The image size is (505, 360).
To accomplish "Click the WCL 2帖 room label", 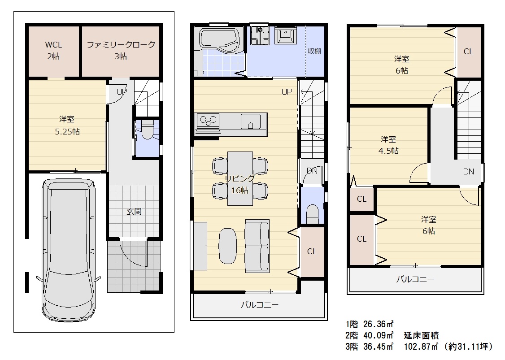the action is [x=53, y=50].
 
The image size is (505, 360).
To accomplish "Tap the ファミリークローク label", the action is [x=121, y=44].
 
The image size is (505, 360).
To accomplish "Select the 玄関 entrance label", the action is [x=134, y=212].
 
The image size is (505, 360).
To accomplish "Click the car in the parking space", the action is [x=69, y=249].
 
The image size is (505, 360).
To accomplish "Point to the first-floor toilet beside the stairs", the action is [x=147, y=130].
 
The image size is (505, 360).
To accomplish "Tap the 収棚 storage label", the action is [x=314, y=51].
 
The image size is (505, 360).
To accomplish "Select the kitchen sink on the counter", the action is [x=251, y=121].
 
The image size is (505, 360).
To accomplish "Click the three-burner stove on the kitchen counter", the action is [x=207, y=121].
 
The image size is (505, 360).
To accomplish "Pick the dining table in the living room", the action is [x=240, y=178].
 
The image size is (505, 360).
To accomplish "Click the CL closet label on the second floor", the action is [x=312, y=251].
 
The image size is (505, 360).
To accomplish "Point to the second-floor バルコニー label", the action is [x=259, y=304].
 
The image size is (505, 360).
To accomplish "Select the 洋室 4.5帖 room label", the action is [x=388, y=145].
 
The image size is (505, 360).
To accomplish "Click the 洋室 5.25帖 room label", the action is [x=67, y=125].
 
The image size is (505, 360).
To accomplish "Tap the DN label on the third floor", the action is [x=468, y=172].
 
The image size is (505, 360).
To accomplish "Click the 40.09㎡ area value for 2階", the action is [x=379, y=335].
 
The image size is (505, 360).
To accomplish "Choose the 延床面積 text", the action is [x=421, y=335].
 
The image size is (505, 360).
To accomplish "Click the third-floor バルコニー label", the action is [x=415, y=279].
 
